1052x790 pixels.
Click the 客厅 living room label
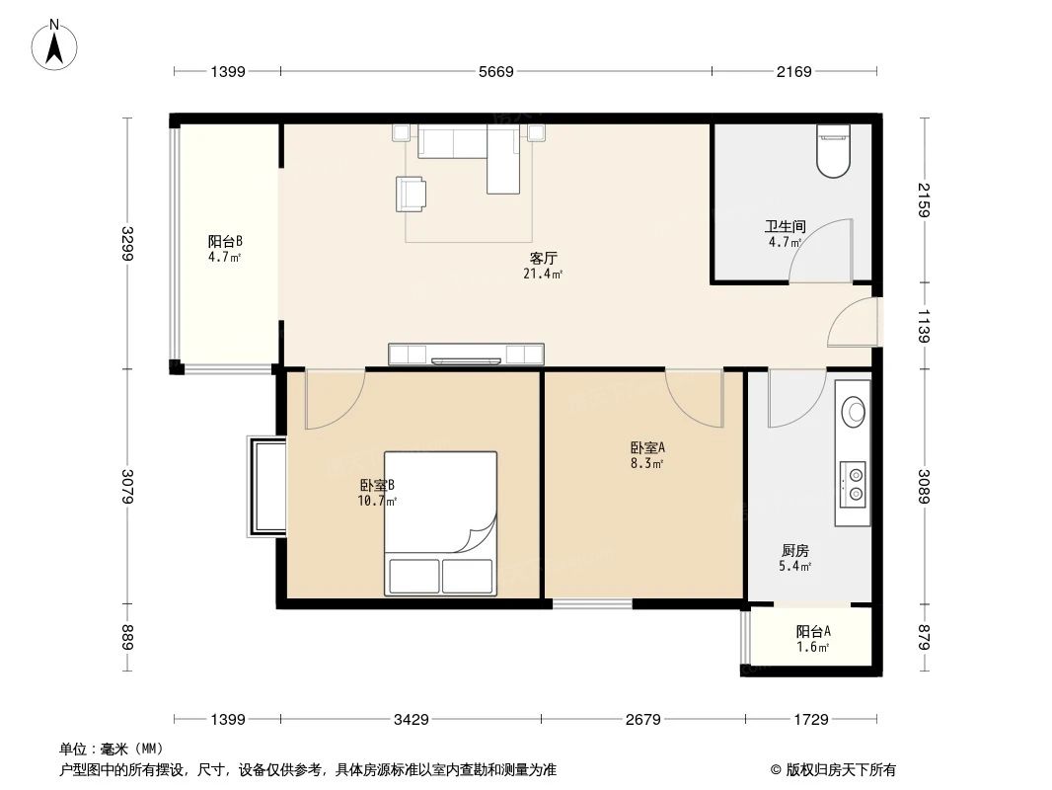tap(543, 260)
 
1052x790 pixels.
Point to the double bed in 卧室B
tap(439, 523)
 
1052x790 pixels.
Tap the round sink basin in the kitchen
tap(853, 409)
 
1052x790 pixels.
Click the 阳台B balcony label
tap(225, 242)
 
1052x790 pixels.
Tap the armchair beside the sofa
tap(412, 194)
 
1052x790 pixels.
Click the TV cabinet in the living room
tap(466, 354)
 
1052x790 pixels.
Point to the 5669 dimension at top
tap(495, 71)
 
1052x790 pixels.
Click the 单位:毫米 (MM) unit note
tap(110, 749)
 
